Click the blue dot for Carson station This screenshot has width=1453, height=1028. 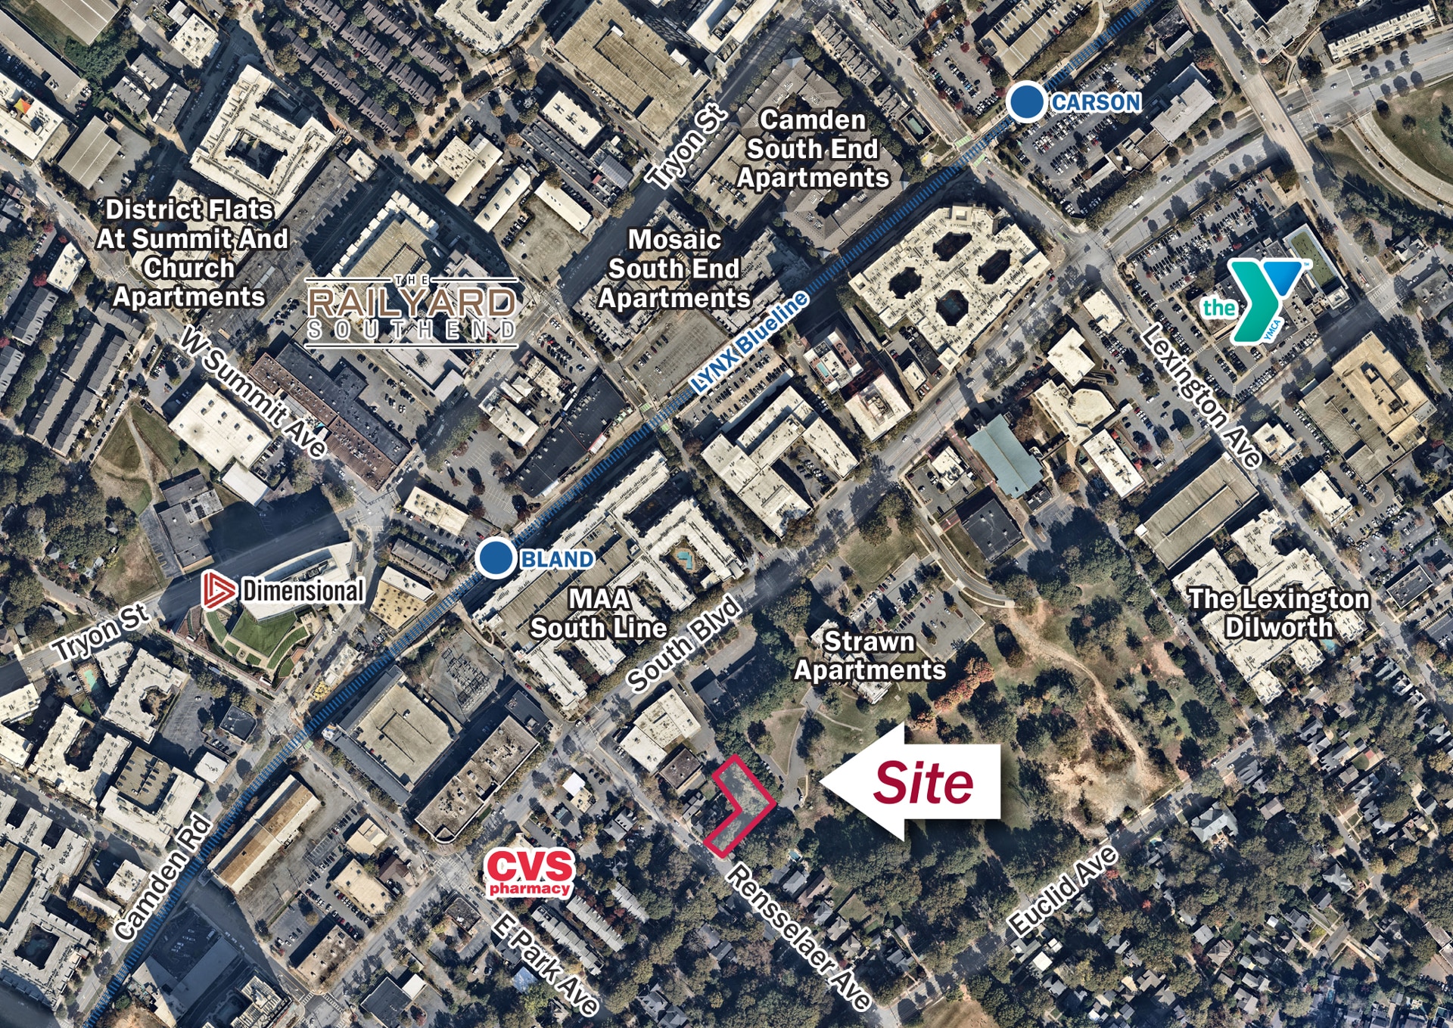pyautogui.click(x=1026, y=102)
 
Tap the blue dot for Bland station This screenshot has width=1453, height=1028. pyautogui.click(x=496, y=558)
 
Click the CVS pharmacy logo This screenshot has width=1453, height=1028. pyautogui.click(x=530, y=872)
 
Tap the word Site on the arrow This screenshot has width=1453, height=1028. pyautogui.click(x=923, y=782)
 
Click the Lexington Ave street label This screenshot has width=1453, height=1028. pyautogui.click(x=1201, y=396)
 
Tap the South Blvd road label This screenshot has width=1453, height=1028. pyautogui.click(x=684, y=644)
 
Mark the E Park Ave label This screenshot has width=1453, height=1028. pyautogui.click(x=544, y=963)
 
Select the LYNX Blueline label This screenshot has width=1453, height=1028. pyautogui.click(x=748, y=343)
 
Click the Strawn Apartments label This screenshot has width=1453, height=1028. pyautogui.click(x=870, y=655)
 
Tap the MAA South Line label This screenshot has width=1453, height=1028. pyautogui.click(x=599, y=613)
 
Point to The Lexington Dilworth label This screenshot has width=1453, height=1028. pyautogui.click(x=1279, y=613)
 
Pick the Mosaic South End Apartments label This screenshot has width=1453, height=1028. pyautogui.click(x=674, y=269)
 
